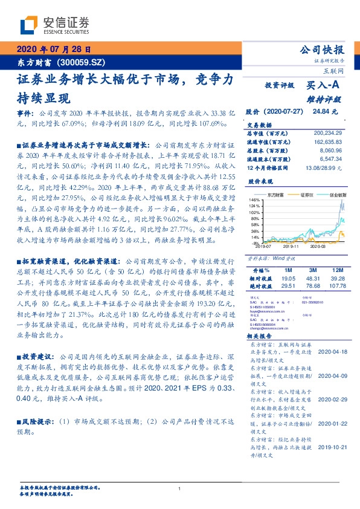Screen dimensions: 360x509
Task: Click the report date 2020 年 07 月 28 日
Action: [x=54, y=50]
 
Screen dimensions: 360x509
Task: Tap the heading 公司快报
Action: [x=323, y=50]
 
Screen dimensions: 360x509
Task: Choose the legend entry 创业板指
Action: [x=338, y=195]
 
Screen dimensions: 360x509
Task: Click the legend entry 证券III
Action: [x=309, y=195]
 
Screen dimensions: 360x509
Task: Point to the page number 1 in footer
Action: [x=180, y=488]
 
